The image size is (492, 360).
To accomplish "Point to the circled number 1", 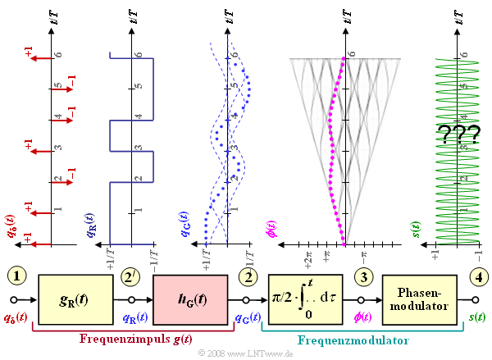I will (18, 277).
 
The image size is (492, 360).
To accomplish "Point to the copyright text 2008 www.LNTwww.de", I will (245, 353).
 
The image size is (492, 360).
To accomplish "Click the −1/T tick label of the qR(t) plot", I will (154, 255).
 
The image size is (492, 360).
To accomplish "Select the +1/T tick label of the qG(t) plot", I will (206, 255).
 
